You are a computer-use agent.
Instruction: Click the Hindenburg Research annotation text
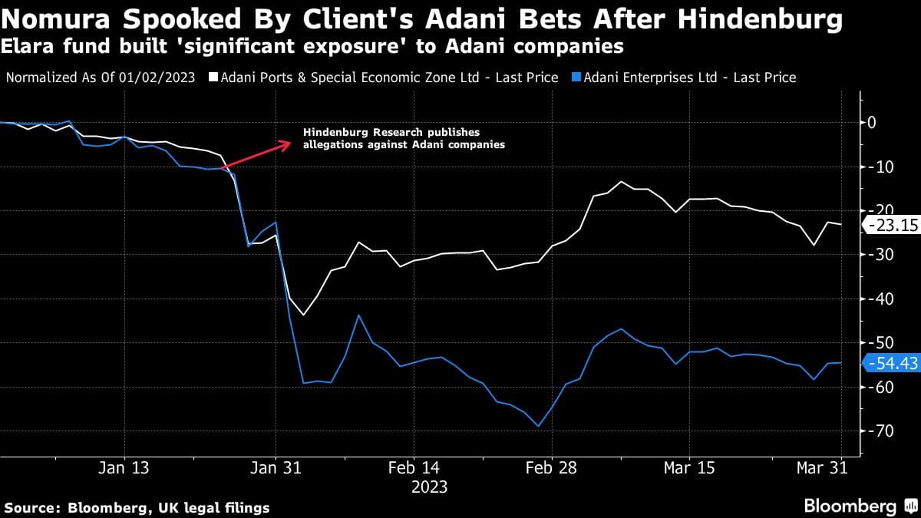tap(404, 138)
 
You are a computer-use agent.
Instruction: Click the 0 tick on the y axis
tap(872, 122)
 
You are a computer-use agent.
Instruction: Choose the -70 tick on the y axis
tap(876, 431)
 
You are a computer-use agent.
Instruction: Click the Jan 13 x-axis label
tap(124, 467)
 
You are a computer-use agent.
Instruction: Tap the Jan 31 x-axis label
tap(276, 467)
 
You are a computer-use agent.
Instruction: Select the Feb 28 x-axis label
tap(550, 467)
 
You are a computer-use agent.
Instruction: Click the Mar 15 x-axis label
tap(688, 467)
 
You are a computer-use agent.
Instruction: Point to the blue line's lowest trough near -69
tap(538, 426)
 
